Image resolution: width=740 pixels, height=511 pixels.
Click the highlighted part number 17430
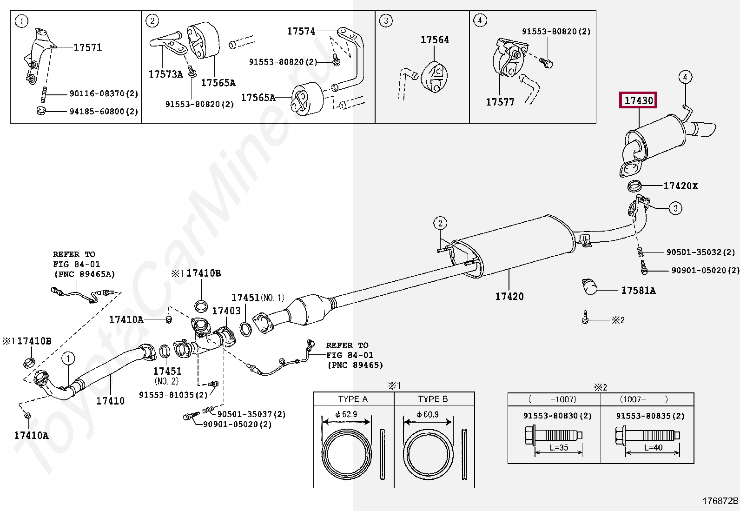[639, 100]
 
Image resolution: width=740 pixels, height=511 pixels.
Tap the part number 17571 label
[88, 47]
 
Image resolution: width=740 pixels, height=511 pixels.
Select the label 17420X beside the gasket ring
[681, 186]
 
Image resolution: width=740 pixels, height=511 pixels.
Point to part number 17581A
[638, 291]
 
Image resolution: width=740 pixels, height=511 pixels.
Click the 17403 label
[226, 311]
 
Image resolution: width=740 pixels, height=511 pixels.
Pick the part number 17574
[301, 31]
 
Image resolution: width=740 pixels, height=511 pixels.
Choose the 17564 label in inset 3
[435, 40]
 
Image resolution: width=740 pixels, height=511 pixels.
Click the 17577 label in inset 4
[500, 102]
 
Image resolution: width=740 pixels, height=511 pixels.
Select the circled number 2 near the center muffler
[440, 223]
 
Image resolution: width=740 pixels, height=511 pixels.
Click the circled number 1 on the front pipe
[68, 358]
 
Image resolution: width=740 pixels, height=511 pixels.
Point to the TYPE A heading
[353, 399]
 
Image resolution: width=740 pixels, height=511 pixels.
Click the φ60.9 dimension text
[428, 414]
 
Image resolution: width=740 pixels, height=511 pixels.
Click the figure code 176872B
[720, 501]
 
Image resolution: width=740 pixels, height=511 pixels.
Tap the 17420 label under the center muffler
[509, 296]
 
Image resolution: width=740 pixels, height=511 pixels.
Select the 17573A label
[166, 74]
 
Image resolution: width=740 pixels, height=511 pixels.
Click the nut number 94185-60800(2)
[104, 112]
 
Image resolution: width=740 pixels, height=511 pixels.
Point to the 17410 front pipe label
[111, 401]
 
